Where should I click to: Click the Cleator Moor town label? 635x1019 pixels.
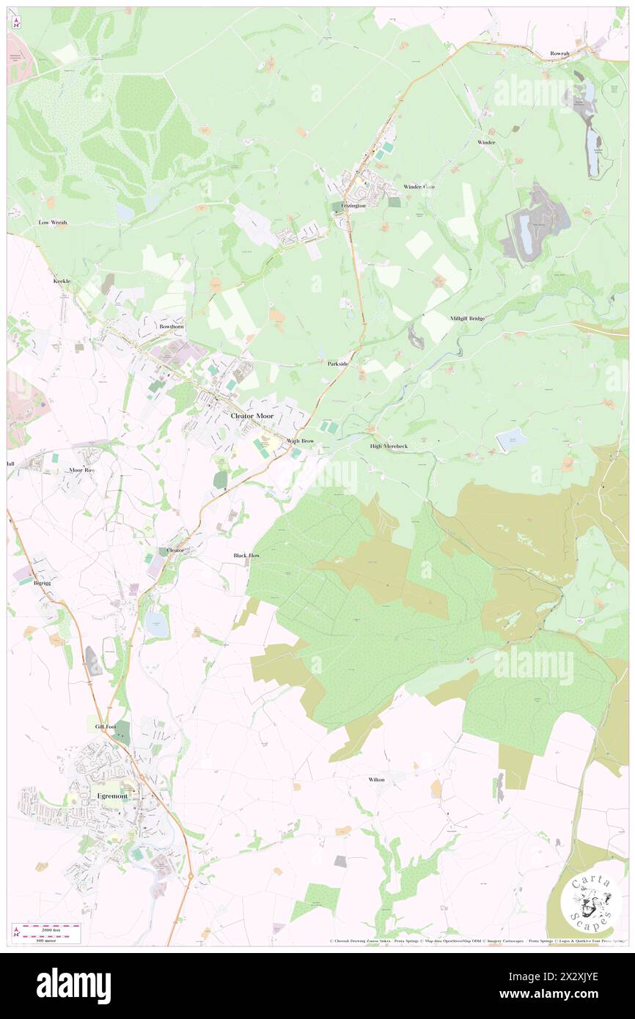pos(252,416)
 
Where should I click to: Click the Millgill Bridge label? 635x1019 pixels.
pos(467,318)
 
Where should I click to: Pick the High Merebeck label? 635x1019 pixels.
pos(389,446)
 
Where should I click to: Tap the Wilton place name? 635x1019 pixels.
pos(376,779)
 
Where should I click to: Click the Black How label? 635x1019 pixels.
pos(246,556)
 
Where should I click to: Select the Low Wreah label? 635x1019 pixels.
pos(54,221)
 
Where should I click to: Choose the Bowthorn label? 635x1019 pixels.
pos(172,325)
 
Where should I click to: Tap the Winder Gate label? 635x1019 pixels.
pos(419,187)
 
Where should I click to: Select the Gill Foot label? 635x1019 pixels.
pos(106,726)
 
